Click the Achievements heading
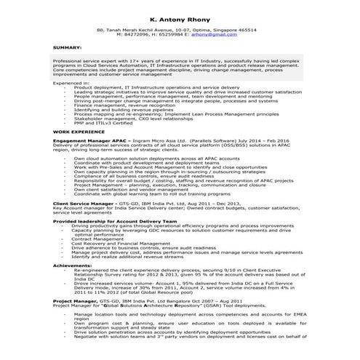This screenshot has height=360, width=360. click(x=73, y=265)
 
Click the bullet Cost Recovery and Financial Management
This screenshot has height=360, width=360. click(x=121, y=243)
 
